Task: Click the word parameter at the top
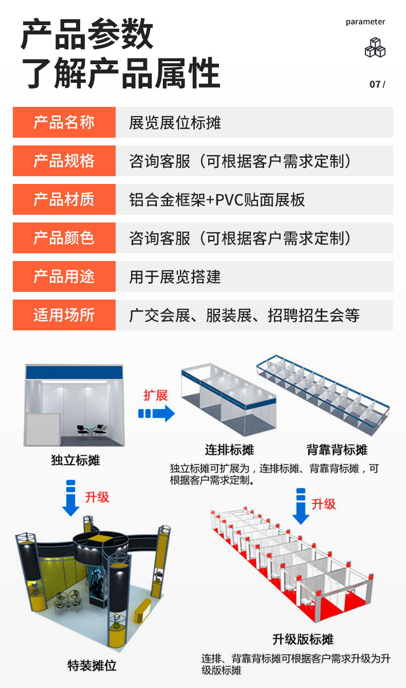pyautogui.click(x=365, y=22)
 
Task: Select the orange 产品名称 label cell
pyautogui.click(x=64, y=122)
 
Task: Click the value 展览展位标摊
pyautogui.click(x=175, y=123)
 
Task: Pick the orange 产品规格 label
pyautogui.click(x=64, y=161)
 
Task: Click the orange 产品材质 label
pyautogui.click(x=64, y=199)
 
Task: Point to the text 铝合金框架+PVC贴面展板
pyautogui.click(x=217, y=200)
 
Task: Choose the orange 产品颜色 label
pyautogui.click(x=64, y=238)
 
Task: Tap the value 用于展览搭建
pyautogui.click(x=175, y=277)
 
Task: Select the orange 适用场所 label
pyautogui.click(x=64, y=315)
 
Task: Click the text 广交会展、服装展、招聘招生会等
pyautogui.click(x=244, y=315)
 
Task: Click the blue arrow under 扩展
pyautogui.click(x=157, y=413)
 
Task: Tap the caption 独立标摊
pyautogui.click(x=76, y=460)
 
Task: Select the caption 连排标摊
pyautogui.click(x=229, y=450)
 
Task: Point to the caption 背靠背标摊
pyautogui.click(x=337, y=450)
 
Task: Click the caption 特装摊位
pyautogui.click(x=92, y=665)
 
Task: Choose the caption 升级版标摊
pyautogui.click(x=303, y=639)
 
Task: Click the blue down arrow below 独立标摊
pyautogui.click(x=71, y=498)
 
